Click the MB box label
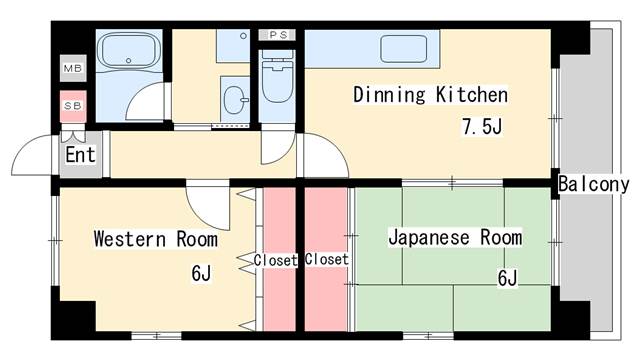[73, 68]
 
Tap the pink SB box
[73, 106]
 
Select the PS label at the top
[278, 35]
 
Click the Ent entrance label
[80, 155]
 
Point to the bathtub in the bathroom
[129, 51]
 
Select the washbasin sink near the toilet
[236, 100]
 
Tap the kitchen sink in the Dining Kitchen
[404, 49]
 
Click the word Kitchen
[471, 95]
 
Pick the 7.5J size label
[482, 126]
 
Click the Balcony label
[593, 184]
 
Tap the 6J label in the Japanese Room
[507, 278]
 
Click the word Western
[130, 239]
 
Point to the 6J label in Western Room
[201, 273]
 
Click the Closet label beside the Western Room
[275, 260]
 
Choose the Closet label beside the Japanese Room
[327, 259]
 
